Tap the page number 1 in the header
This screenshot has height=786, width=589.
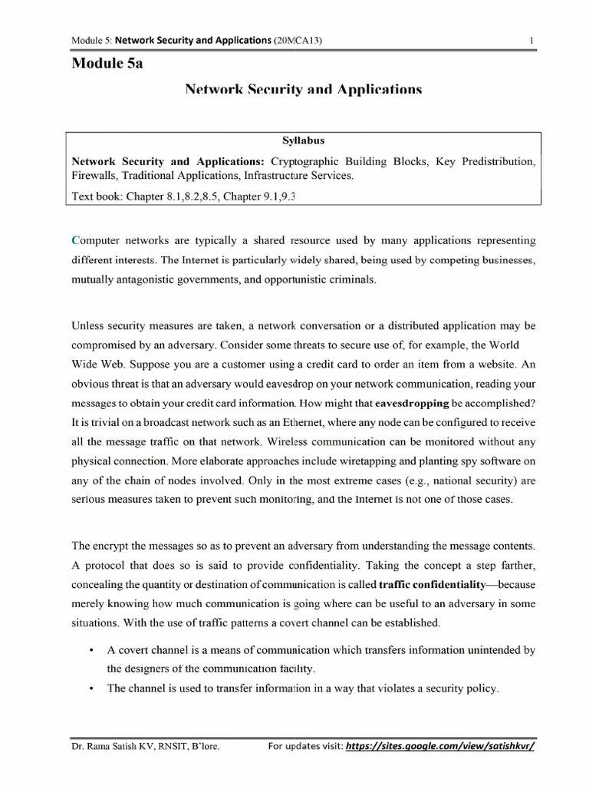530,40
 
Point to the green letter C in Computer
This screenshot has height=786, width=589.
75,240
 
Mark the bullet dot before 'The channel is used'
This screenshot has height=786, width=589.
91,689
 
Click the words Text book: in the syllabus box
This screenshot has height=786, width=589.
97,196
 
